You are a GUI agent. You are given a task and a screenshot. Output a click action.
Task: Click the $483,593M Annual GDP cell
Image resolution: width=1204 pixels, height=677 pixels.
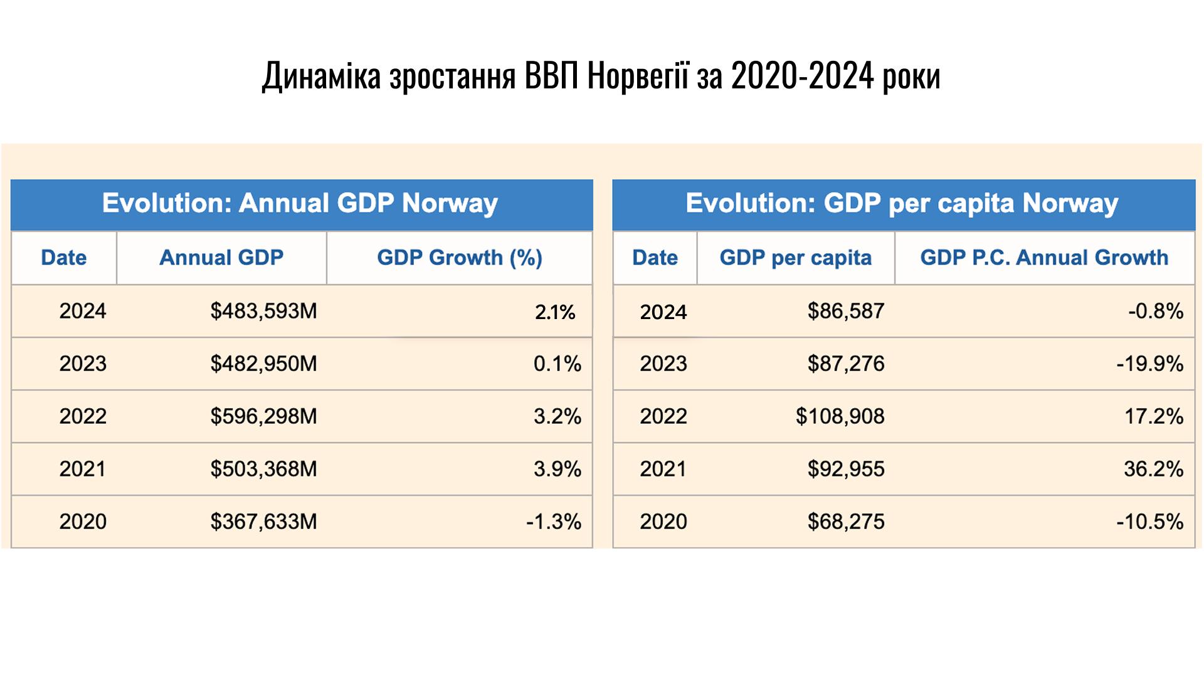[x=263, y=311]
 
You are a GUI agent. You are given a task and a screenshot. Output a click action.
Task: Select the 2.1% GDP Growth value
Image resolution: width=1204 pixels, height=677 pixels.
[x=555, y=312]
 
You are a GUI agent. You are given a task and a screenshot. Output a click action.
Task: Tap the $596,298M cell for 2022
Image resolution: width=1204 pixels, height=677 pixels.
[x=263, y=416]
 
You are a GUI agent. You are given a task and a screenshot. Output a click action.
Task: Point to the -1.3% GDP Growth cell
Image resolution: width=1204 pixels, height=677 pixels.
[x=554, y=522]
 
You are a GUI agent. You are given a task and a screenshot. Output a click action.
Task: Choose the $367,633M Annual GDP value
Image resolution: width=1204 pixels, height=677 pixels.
[x=263, y=522]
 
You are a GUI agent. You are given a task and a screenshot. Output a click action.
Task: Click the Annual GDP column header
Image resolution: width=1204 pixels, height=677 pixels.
[x=221, y=258]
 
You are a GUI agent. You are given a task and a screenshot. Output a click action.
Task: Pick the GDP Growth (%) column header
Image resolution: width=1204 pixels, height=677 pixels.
[x=459, y=258]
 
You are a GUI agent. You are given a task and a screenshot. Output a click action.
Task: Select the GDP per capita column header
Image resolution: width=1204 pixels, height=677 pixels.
[x=795, y=258]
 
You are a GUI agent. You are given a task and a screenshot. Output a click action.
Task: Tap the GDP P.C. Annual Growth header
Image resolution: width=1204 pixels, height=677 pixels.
[x=1044, y=258]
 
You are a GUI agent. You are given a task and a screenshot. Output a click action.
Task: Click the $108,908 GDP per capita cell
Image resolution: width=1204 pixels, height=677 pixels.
[x=840, y=416]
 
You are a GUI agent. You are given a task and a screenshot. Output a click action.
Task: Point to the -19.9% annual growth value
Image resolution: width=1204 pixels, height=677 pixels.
[x=1149, y=364]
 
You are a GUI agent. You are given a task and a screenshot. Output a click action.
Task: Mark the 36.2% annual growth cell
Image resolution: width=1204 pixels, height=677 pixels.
[x=1153, y=469]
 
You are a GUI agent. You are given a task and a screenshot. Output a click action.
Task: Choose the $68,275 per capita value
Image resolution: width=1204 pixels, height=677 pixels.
[x=845, y=522]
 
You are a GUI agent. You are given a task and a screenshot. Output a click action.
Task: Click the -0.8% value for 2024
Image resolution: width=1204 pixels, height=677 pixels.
[x=1155, y=311]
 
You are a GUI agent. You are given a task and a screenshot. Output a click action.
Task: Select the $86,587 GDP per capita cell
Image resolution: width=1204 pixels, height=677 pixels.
[x=845, y=311]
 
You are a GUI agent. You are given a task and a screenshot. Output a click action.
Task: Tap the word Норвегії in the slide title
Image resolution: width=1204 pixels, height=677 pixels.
[x=638, y=76]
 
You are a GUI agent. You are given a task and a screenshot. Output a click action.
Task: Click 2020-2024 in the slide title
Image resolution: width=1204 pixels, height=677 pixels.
[x=802, y=76]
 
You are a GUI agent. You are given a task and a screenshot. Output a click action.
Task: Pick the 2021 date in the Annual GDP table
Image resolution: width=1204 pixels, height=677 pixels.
[x=83, y=469]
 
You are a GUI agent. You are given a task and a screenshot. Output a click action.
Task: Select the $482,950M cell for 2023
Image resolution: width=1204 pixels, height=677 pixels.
[x=263, y=364]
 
